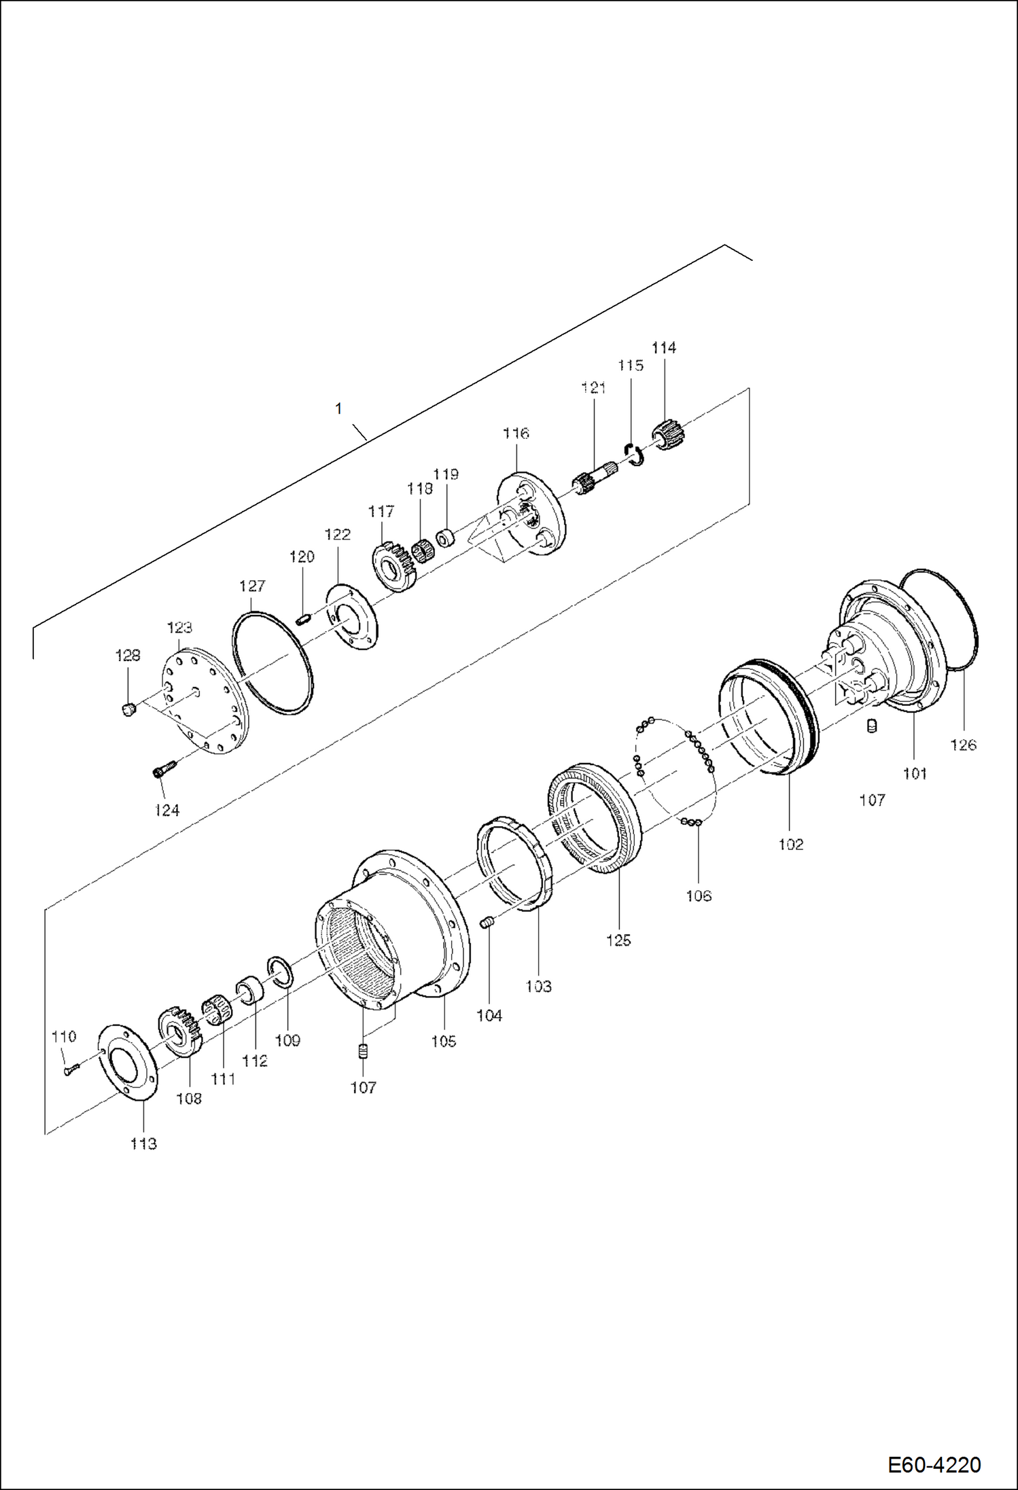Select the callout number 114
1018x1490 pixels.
pyautogui.click(x=663, y=348)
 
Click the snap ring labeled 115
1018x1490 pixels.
pyautogui.click(x=633, y=453)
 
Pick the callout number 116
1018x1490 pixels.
pyautogui.click(x=516, y=433)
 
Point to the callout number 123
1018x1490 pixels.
pyautogui.click(x=179, y=627)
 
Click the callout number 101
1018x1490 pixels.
pyautogui.click(x=914, y=773)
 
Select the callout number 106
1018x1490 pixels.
pyautogui.click(x=699, y=895)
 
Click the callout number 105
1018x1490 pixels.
pyautogui.click(x=443, y=1041)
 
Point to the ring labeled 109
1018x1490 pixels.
pyautogui.click(x=279, y=969)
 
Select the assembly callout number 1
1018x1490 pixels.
pyautogui.click(x=338, y=408)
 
